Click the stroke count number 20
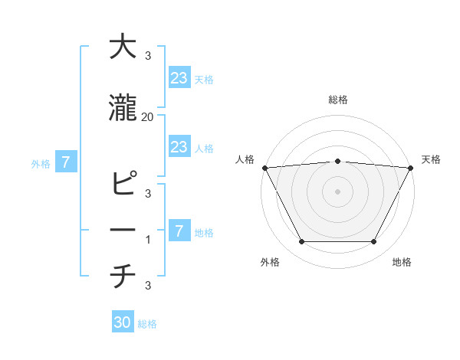tap(148, 117)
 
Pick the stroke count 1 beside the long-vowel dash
tap(148, 240)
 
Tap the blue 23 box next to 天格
tap(179, 78)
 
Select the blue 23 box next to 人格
tap(179, 147)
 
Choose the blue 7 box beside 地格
tap(179, 231)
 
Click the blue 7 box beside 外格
tap(66, 162)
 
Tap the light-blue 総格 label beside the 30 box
tap(147, 324)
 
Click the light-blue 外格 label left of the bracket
tap(41, 163)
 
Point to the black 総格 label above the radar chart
tap(337, 100)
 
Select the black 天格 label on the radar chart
tap(431, 159)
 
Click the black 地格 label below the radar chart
tap(402, 262)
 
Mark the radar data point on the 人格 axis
tap(264, 168)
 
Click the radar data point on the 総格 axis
tap(337, 161)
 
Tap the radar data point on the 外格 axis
tap(301, 242)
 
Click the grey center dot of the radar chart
tap(337, 191)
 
